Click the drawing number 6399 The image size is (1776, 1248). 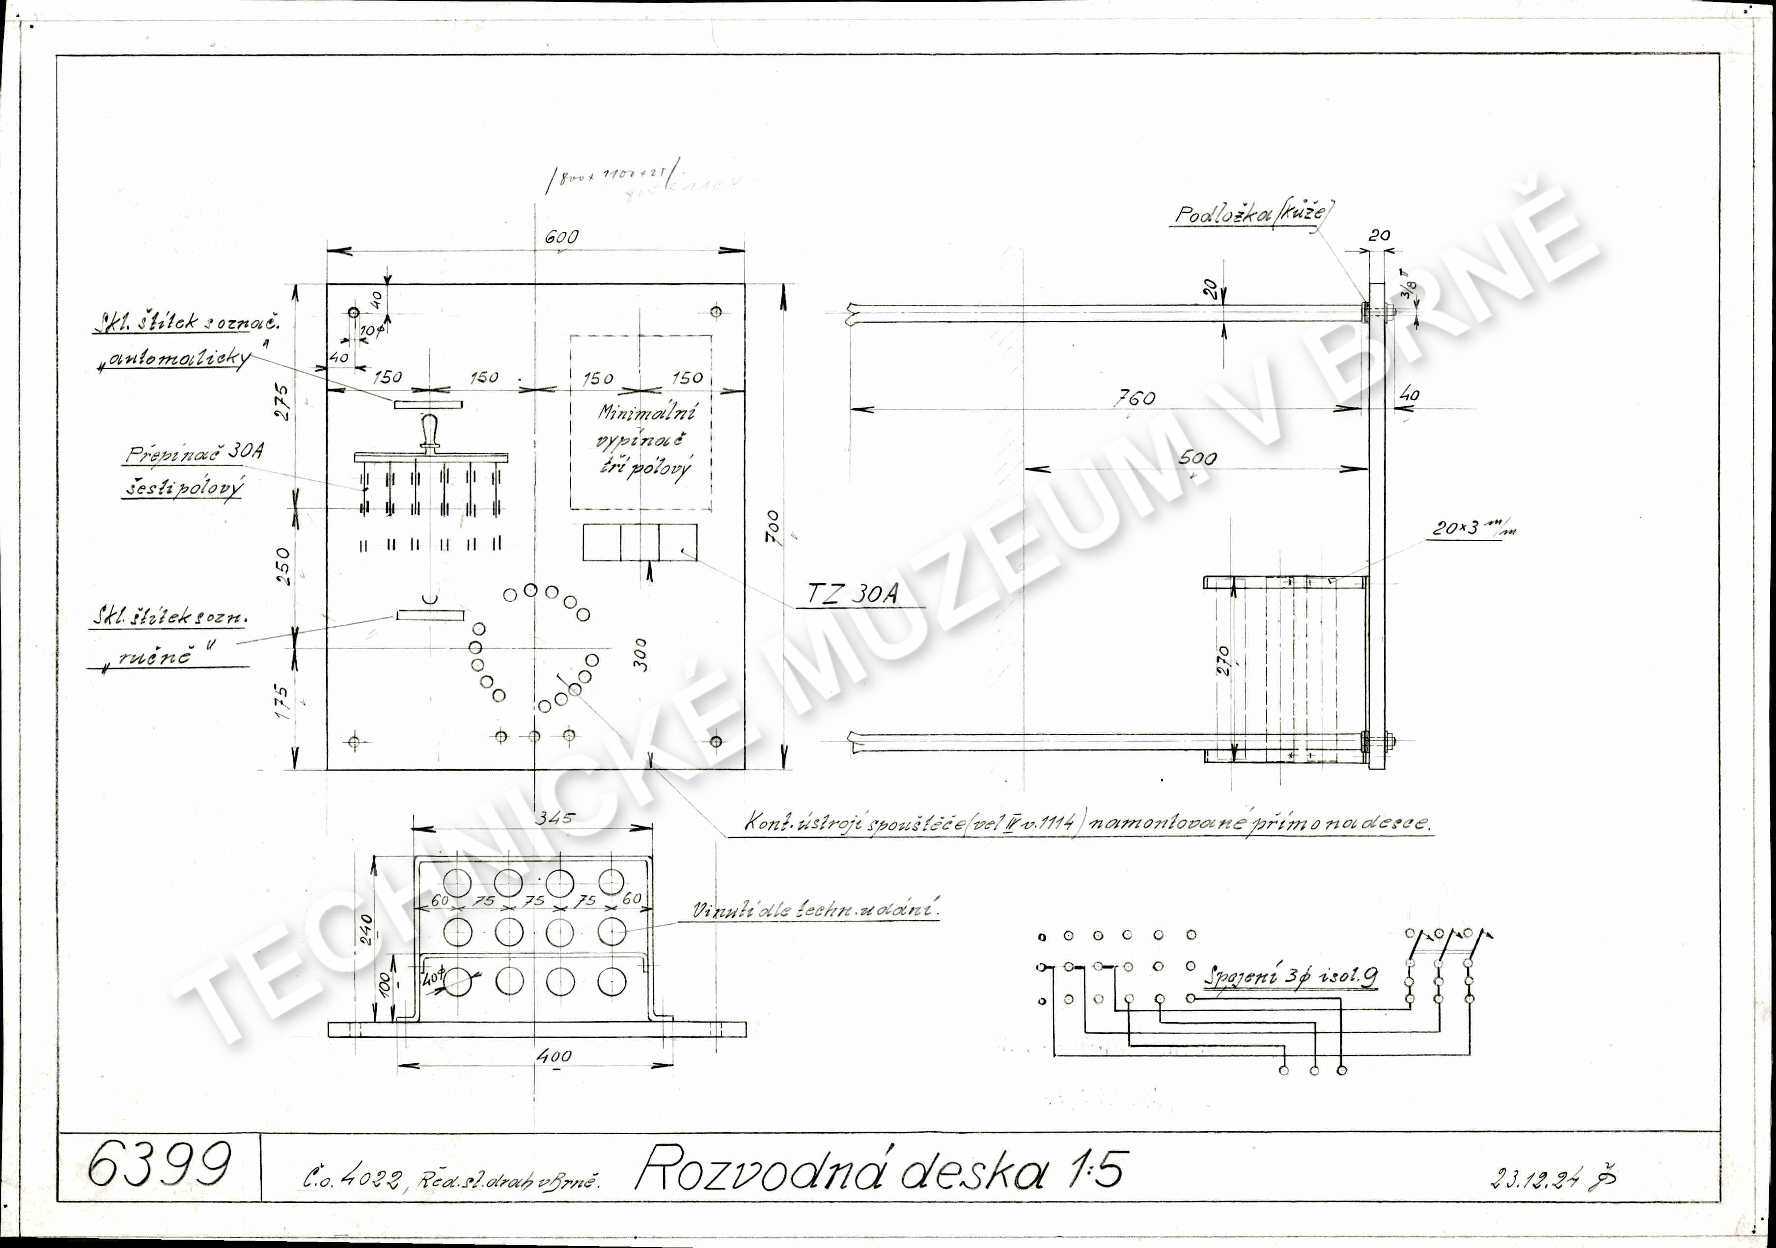(159, 1165)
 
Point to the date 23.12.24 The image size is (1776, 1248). (1535, 1178)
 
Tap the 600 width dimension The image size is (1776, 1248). (561, 237)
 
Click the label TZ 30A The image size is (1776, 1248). (853, 593)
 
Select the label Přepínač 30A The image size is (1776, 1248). (194, 453)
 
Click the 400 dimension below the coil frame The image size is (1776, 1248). (555, 1055)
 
